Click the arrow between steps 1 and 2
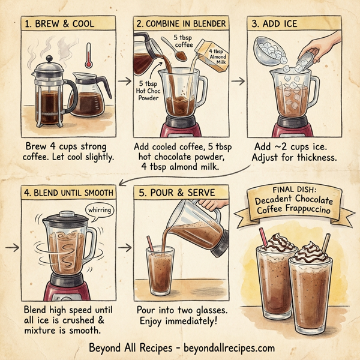point(124,80)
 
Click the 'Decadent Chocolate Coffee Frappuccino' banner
point(293,203)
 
